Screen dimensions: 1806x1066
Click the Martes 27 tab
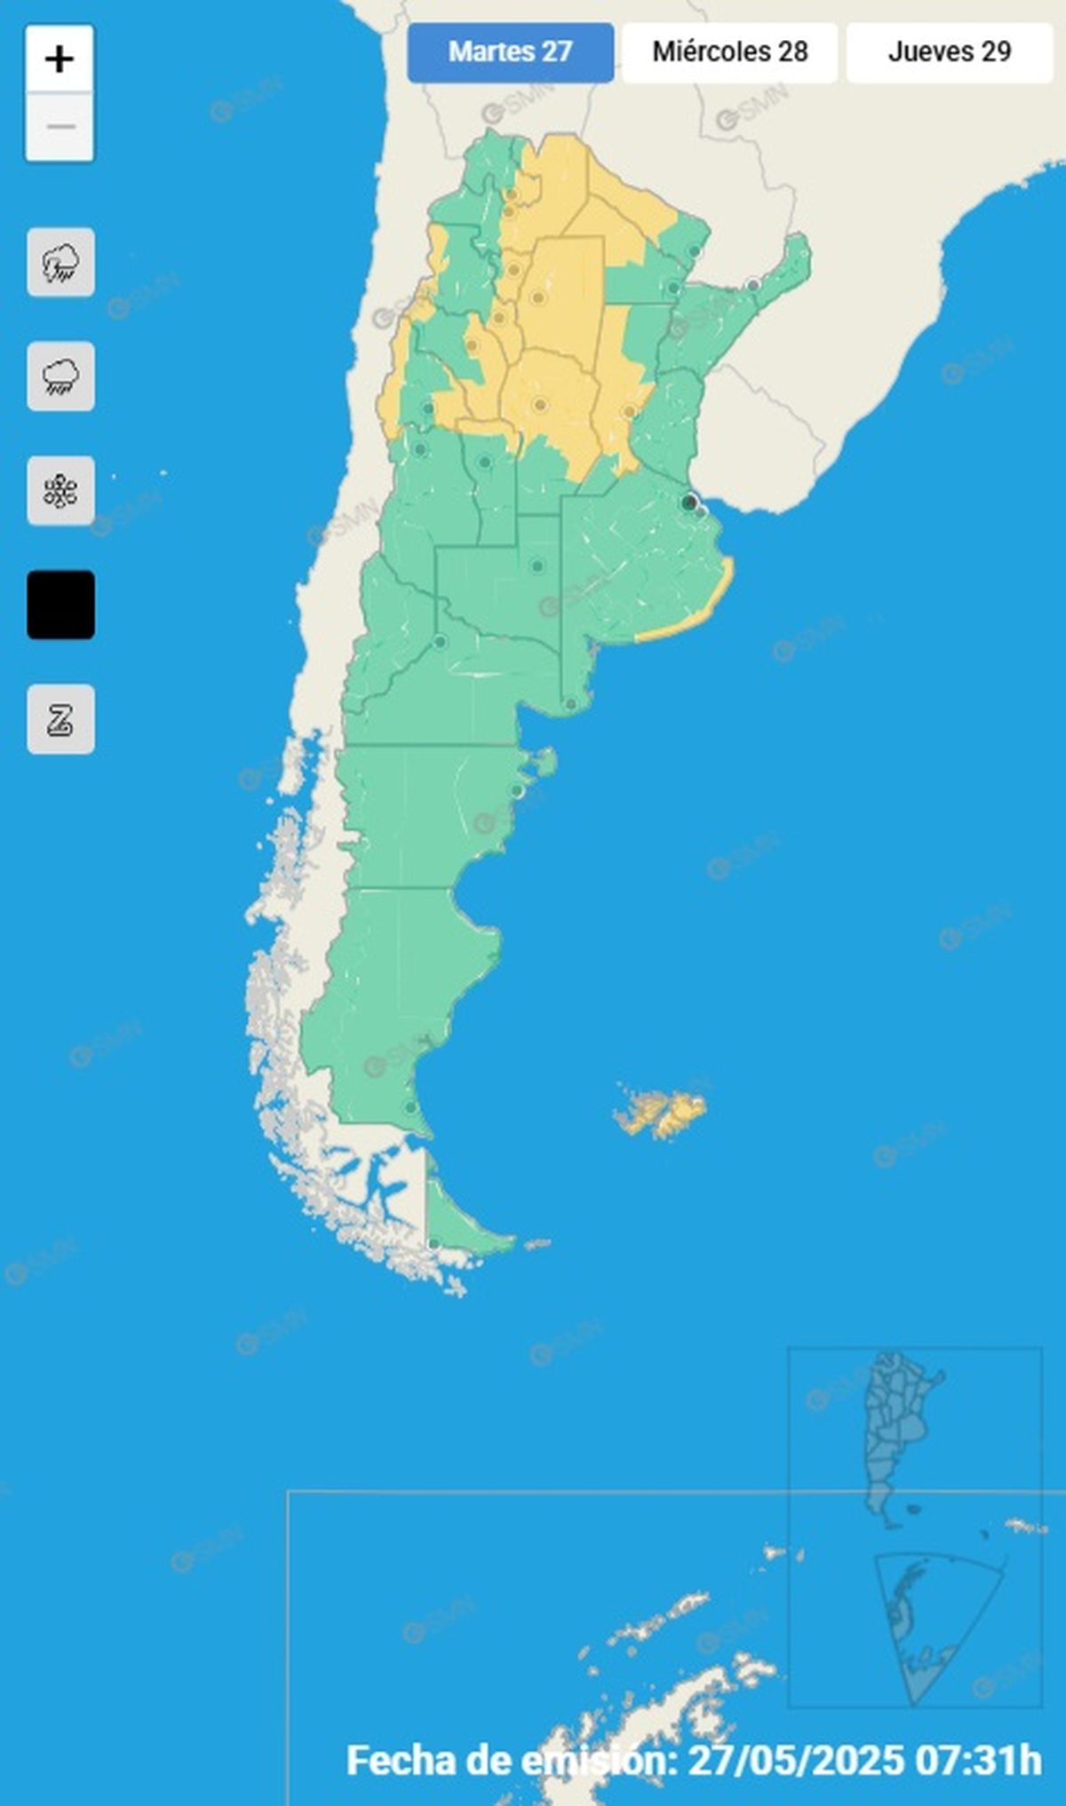[x=510, y=52]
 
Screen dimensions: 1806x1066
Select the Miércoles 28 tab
[x=729, y=52]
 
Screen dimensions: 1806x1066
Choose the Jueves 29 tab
[x=949, y=52]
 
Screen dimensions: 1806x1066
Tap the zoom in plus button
[x=60, y=59]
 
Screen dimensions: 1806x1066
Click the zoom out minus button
[x=60, y=127]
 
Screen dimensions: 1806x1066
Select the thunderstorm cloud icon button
[x=60, y=263]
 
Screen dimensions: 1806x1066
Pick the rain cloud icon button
[x=60, y=376]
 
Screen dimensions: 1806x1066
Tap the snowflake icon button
[x=60, y=491]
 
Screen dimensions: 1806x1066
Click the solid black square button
[x=60, y=605]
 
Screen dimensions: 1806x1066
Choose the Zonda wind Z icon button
[x=60, y=719]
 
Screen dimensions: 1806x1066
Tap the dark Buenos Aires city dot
[x=688, y=503]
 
